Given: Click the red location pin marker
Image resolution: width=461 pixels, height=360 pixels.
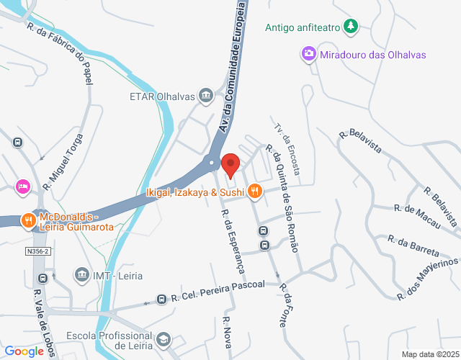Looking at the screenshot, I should [230, 165].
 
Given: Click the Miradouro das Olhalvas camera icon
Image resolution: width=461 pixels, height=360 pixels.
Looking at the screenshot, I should [308, 54].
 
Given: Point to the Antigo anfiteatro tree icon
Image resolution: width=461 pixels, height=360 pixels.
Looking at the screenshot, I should [350, 27].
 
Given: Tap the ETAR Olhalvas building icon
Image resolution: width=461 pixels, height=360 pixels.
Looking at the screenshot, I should [207, 95].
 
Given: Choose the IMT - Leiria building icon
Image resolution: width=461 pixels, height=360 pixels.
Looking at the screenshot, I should [81, 275].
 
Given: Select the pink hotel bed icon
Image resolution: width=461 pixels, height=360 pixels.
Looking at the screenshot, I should [22, 187].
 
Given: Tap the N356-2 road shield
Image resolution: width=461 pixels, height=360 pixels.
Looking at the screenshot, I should [37, 251].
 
